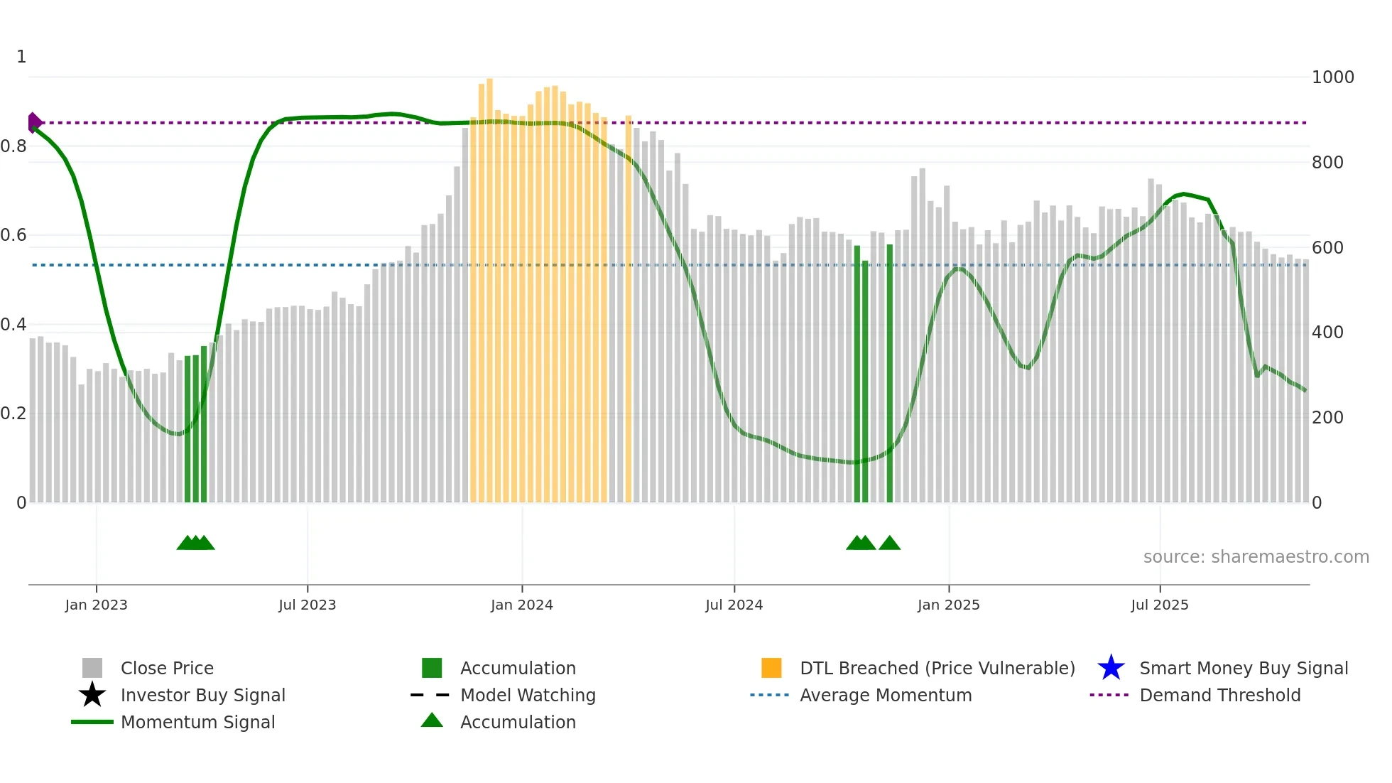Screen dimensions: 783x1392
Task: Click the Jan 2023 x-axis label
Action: pos(96,605)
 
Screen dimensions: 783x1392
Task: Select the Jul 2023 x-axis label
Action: pos(307,605)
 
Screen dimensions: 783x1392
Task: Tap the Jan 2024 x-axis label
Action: pos(521,605)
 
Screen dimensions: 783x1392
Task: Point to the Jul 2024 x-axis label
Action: pos(734,605)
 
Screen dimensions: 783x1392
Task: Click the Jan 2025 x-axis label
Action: pos(948,605)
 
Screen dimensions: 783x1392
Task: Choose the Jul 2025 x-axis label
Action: pos(1159,605)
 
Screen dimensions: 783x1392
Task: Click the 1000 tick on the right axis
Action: pos(1332,77)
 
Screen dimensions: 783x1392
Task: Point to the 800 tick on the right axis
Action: pos(1327,163)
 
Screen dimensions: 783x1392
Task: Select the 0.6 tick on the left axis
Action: pos(13,235)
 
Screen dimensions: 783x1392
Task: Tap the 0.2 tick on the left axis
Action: pos(13,414)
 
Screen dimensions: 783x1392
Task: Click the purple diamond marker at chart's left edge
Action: pos(33,123)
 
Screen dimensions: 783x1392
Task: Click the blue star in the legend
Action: pos(1111,668)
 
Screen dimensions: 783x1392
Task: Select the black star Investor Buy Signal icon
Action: pos(92,695)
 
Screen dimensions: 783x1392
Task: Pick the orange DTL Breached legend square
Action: pos(771,668)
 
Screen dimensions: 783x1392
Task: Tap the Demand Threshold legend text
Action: pos(1219,695)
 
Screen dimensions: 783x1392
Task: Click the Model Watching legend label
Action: pos(528,695)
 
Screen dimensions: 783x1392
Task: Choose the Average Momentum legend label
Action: pos(886,695)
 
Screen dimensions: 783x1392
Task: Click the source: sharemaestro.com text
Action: pos(1256,557)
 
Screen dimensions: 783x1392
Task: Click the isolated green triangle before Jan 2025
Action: pos(889,544)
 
